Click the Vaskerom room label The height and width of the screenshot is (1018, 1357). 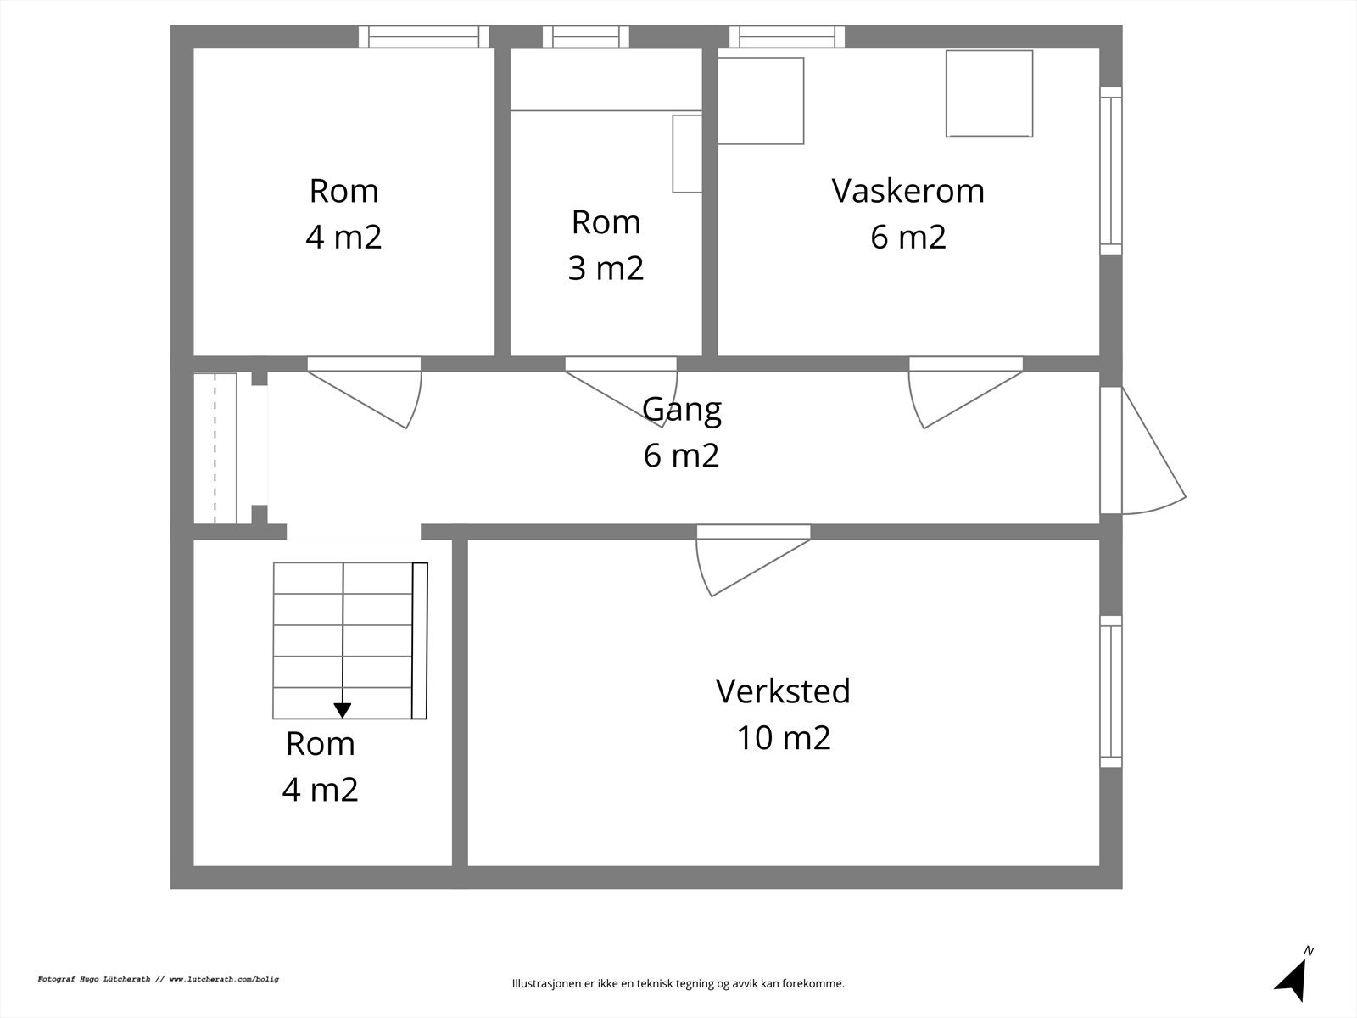pyautogui.click(x=907, y=191)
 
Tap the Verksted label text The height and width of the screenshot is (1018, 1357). pyautogui.click(x=783, y=691)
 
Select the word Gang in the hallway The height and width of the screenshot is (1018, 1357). pyautogui.click(x=682, y=409)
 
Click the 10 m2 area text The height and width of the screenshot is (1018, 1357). pyautogui.click(x=783, y=738)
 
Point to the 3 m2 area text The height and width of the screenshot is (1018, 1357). pyautogui.click(x=606, y=268)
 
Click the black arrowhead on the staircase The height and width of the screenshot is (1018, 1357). pyautogui.click(x=343, y=710)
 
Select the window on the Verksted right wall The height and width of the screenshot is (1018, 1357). pyautogui.click(x=1111, y=691)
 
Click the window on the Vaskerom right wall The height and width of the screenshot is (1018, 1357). pyautogui.click(x=1111, y=170)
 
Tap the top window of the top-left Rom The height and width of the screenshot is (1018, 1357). pyautogui.click(x=424, y=36)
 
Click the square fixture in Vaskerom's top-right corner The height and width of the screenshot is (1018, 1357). pyautogui.click(x=989, y=93)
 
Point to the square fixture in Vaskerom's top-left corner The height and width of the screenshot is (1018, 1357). pyautogui.click(x=761, y=100)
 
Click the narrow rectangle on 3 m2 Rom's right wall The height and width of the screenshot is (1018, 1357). pyautogui.click(x=687, y=154)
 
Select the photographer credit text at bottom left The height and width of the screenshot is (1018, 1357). pyautogui.click(x=158, y=979)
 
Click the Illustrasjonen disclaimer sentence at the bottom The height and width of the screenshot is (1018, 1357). pyautogui.click(x=678, y=984)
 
